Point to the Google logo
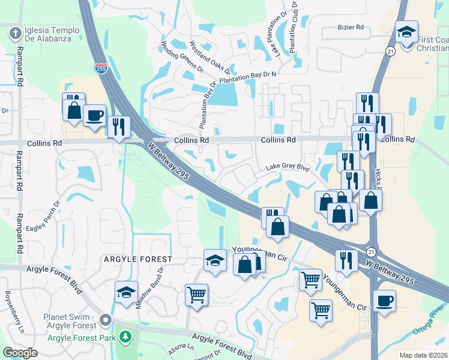(x=20, y=353)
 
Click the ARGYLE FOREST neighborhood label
(x=137, y=259)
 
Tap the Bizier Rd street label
(x=351, y=27)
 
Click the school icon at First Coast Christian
(x=406, y=32)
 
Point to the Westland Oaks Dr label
(x=205, y=55)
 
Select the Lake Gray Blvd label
(x=288, y=169)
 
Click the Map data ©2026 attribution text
(x=423, y=355)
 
